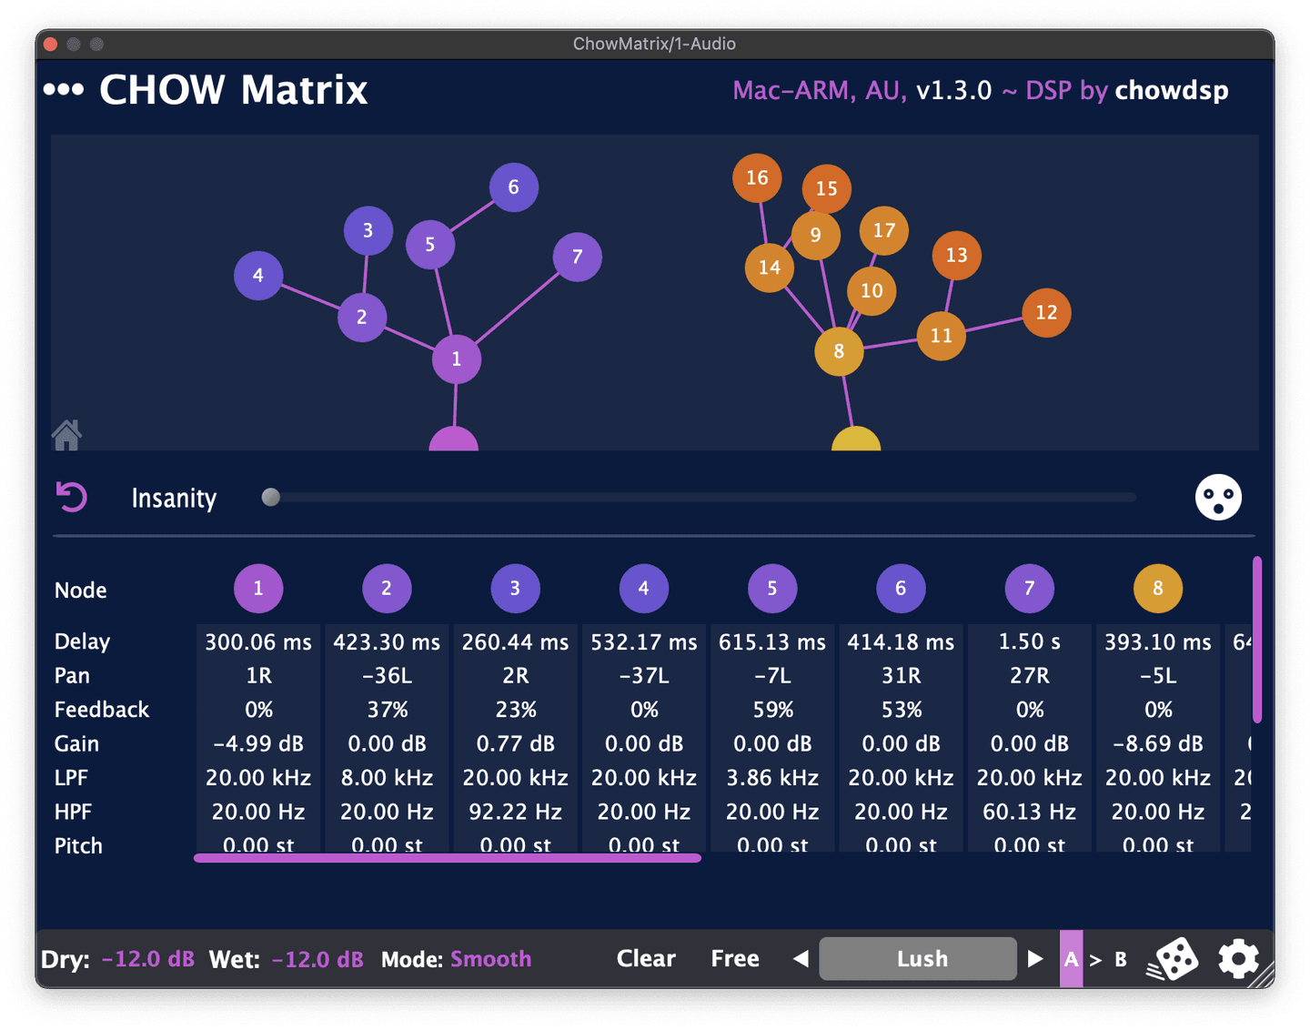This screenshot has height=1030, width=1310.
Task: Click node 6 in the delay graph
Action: click(514, 187)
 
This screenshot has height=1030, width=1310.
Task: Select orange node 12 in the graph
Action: click(1046, 313)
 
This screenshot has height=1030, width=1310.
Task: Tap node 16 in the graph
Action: click(757, 178)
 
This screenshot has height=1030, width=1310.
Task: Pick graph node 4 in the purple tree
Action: click(258, 276)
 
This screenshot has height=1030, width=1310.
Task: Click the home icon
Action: click(66, 435)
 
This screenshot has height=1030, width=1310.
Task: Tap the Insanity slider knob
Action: click(270, 497)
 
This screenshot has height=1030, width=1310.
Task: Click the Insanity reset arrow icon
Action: click(72, 497)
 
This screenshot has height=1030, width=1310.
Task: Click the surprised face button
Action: click(1218, 497)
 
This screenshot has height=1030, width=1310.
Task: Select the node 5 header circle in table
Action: click(772, 589)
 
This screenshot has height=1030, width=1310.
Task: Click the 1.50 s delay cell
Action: click(1030, 641)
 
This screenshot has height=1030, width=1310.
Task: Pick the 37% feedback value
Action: click(388, 710)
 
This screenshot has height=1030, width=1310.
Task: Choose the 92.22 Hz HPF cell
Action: click(516, 812)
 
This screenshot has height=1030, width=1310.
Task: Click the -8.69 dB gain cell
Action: click(1158, 743)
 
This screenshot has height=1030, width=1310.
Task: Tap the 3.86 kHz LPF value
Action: click(772, 778)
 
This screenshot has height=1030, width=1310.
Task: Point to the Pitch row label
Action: click(78, 845)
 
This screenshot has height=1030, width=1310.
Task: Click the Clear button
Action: click(646, 958)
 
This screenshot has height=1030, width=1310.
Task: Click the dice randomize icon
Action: click(1174, 959)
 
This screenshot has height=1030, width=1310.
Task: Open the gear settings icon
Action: click(1238, 959)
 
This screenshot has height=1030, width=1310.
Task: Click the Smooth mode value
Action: click(491, 959)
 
